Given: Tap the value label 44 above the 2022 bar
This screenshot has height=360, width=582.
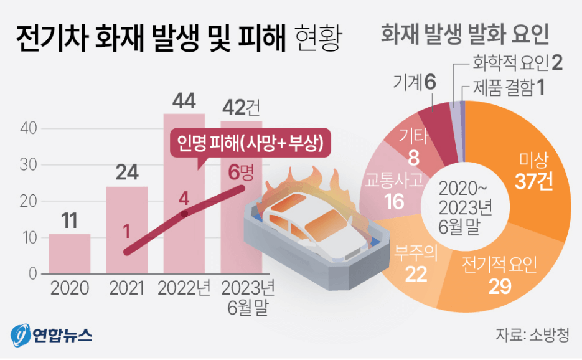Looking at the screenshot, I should [184, 101].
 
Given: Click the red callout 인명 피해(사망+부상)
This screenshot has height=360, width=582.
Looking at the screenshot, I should [249, 144].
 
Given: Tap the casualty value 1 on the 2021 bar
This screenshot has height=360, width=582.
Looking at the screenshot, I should [126, 232].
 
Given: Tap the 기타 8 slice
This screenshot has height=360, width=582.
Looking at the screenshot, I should [411, 146].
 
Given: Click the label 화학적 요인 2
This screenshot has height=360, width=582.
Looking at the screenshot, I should [517, 62].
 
